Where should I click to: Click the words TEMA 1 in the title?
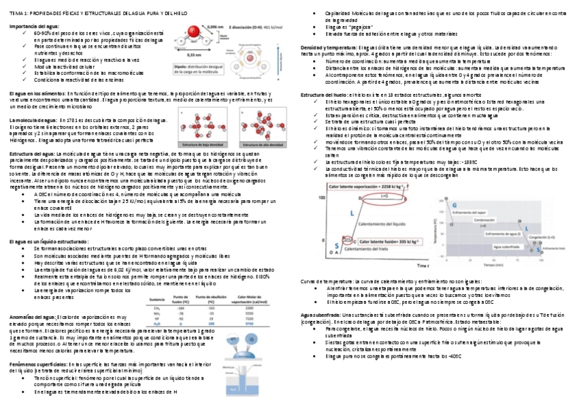click(16, 13)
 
